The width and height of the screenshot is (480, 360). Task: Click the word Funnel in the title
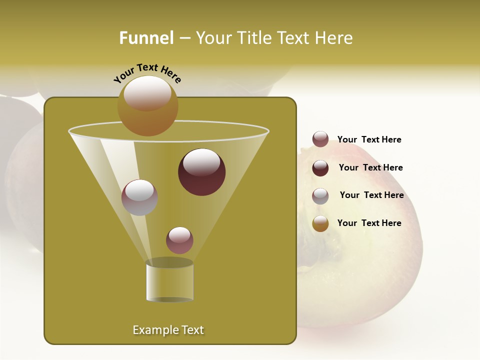pos(146,38)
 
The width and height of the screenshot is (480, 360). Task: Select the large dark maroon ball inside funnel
pos(202,172)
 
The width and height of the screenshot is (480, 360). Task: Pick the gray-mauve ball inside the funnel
pos(140,197)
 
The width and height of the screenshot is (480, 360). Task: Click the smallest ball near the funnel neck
pos(179,240)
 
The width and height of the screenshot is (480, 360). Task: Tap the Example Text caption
pos(168,330)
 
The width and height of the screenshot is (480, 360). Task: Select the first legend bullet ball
pos(320,139)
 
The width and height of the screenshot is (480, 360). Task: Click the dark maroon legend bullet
pos(320,168)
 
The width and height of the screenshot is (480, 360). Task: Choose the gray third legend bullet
pos(320,196)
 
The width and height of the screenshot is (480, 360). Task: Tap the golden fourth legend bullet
pos(320,223)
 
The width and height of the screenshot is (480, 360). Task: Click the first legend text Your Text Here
pos(369,139)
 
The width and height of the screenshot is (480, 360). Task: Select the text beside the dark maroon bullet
pos(370,167)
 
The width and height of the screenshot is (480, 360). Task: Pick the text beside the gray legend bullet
pos(371,195)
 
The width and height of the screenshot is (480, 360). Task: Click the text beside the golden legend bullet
pos(369,223)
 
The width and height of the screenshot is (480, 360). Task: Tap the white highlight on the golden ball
pos(147,92)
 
